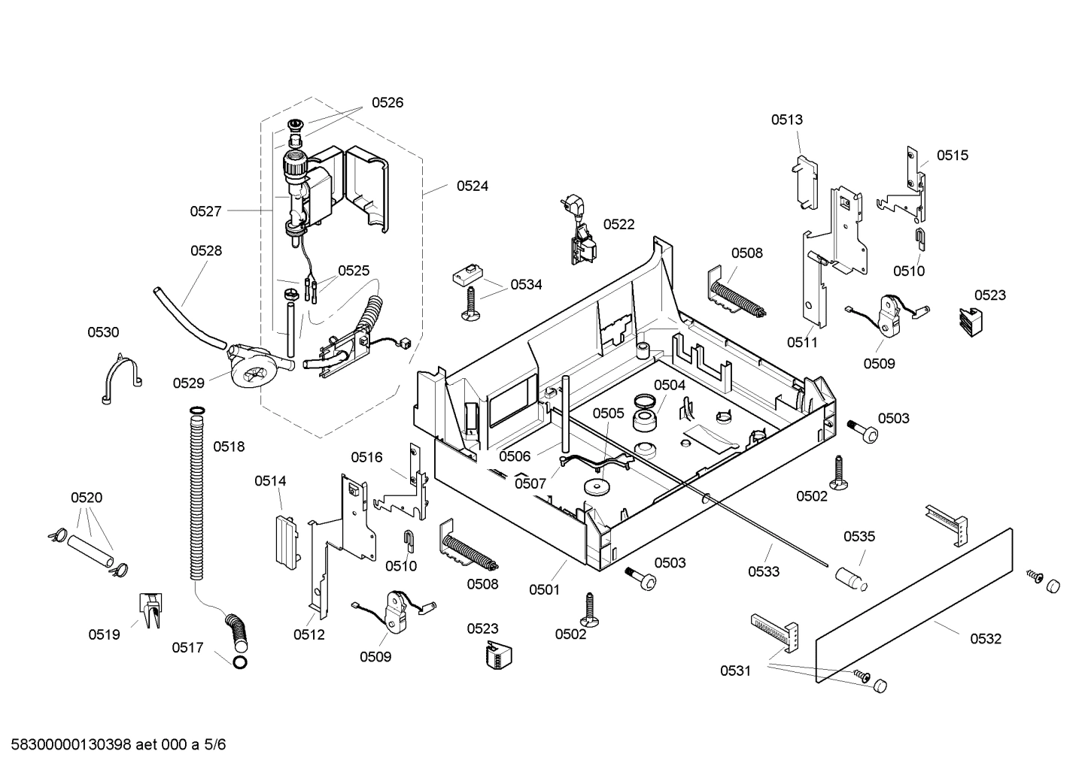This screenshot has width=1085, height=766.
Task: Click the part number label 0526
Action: pos(387,103)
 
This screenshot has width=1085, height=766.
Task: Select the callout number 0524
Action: pos(472,186)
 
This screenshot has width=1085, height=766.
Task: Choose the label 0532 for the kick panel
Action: pos(986,639)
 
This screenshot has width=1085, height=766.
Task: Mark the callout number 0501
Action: pos(544,589)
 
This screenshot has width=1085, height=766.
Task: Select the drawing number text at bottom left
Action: pos(114,745)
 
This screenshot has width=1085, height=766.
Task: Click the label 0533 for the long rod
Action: pos(763,571)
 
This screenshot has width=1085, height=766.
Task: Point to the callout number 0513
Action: pos(786,120)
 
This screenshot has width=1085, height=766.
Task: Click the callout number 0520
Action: pos(87,498)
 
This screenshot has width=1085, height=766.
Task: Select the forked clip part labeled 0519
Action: pos(150,609)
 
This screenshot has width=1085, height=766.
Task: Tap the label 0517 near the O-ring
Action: pos(187,647)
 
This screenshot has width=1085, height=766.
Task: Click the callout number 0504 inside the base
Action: pos(669,385)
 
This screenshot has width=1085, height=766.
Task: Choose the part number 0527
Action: pos(205,211)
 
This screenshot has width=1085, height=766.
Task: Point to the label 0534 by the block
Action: pos(526,284)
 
